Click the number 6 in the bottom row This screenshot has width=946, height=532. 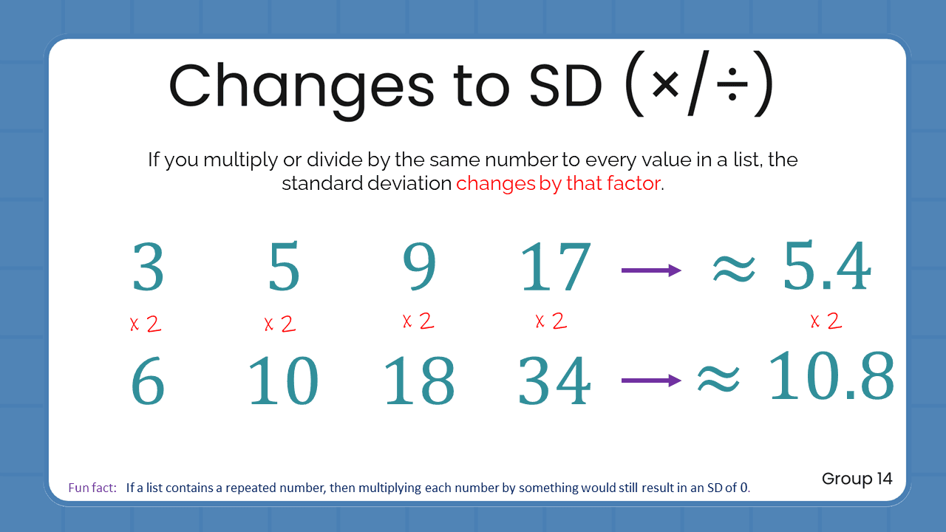pos(148,381)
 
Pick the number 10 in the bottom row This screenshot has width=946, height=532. pos(283,381)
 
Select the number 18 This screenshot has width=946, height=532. pos(419,381)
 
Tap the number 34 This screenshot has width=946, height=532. pos(555,381)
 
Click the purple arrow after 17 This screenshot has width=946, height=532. pos(650,270)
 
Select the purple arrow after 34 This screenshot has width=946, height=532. pos(650,381)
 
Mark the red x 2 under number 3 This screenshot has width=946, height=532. pos(146,324)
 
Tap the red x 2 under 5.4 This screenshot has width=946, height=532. pos(826,321)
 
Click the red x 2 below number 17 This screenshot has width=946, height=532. pos(551,321)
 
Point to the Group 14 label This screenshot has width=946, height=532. pos(857,479)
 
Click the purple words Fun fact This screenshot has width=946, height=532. pos(92,488)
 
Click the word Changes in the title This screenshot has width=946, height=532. pos(302,86)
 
